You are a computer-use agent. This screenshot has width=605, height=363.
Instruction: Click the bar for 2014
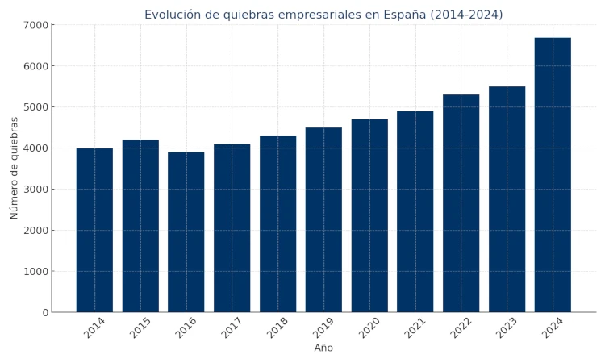[94, 230]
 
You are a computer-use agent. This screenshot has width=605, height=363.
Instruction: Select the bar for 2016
[186, 232]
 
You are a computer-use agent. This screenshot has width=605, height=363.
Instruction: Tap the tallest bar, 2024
[553, 175]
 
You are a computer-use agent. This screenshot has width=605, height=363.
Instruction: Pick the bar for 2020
[369, 215]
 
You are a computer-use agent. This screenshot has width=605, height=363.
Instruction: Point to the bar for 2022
[461, 203]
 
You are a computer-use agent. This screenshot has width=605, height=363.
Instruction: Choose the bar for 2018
[277, 223]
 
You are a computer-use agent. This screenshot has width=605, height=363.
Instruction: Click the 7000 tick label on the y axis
[35, 25]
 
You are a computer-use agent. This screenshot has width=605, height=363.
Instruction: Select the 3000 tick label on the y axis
[35, 190]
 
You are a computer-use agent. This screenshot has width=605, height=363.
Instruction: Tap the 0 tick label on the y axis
[45, 313]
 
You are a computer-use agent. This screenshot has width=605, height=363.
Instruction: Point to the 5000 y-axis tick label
[35, 107]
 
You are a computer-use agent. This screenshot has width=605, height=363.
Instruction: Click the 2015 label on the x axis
[140, 328]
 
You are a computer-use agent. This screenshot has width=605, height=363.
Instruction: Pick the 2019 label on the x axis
[323, 328]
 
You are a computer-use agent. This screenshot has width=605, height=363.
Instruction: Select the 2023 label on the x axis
[506, 328]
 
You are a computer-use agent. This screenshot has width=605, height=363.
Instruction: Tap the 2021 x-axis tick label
[415, 328]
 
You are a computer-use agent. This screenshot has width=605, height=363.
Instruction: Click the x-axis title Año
[323, 348]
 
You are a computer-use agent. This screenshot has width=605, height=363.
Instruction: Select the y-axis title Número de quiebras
[15, 168]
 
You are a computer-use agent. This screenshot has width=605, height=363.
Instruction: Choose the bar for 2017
[232, 228]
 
